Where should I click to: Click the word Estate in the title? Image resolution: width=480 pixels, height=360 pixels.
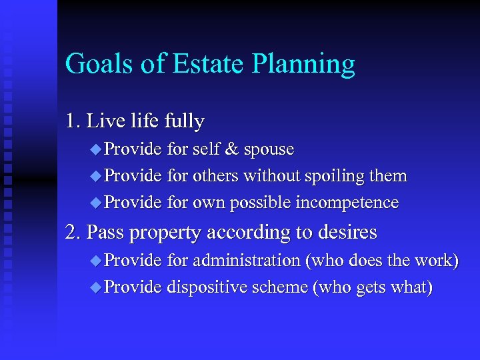(x=207, y=64)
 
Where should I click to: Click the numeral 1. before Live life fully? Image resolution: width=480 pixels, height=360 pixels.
(x=73, y=121)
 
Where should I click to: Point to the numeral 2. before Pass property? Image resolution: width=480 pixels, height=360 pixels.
(x=73, y=232)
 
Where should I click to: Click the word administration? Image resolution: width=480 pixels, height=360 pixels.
(x=247, y=260)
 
